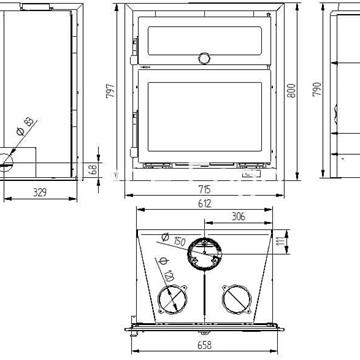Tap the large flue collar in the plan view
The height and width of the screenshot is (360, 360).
207,254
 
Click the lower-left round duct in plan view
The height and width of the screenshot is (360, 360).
172,299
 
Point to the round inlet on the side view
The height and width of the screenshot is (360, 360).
6,157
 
